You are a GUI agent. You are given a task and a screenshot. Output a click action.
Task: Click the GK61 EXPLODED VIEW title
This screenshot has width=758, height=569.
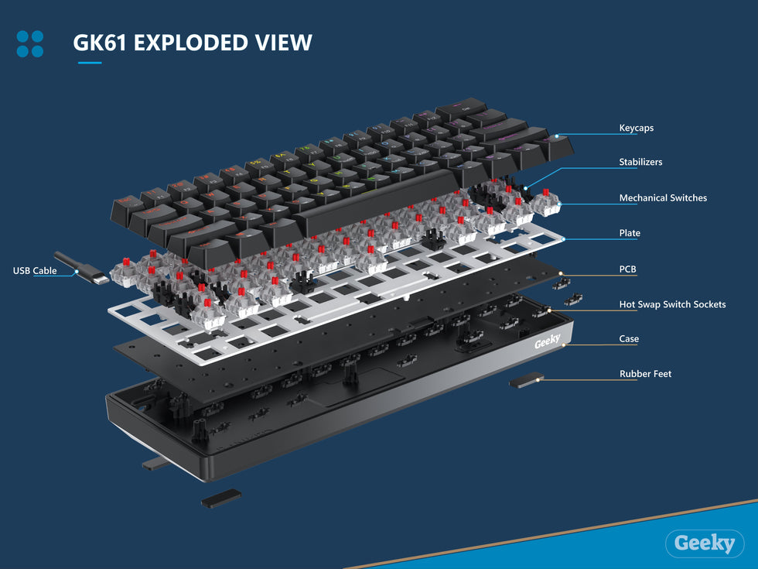192,42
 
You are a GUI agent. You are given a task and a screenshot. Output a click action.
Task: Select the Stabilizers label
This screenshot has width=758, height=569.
640,163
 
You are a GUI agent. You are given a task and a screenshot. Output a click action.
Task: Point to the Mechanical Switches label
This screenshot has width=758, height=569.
663,198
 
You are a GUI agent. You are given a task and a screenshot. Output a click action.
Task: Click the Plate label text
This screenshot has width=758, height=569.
630,233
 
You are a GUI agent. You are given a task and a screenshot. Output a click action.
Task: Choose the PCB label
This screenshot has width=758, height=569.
627,269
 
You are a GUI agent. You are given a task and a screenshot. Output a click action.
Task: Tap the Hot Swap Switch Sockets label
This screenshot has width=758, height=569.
672,305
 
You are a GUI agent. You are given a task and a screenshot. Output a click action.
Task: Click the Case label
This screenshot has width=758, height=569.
629,339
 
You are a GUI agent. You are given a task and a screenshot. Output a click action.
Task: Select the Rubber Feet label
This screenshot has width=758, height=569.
645,374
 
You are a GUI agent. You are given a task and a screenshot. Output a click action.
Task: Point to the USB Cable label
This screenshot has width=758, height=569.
35,271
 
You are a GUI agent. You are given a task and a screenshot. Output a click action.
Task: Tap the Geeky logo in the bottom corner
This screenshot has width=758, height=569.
704,543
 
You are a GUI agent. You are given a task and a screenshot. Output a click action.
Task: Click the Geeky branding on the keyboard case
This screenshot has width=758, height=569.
547,342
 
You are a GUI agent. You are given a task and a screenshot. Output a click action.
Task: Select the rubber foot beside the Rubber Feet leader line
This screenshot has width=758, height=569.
526,380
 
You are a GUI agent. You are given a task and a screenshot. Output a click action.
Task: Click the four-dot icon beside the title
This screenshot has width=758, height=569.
30,43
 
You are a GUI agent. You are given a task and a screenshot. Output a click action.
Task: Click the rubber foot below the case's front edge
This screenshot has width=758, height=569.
220,498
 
